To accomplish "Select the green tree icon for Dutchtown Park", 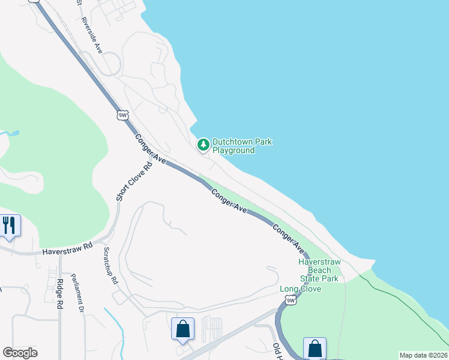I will [x=203, y=145].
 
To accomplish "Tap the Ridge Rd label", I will [x=59, y=294].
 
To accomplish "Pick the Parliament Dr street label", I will [x=76, y=294].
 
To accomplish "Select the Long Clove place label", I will [x=301, y=289].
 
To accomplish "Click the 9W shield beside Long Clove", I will [x=291, y=300].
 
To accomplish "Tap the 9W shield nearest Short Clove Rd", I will [x=122, y=115].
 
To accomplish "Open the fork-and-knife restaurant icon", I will [x=9, y=225].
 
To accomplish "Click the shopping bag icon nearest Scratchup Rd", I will [x=182, y=329].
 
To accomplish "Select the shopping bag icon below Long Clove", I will [x=315, y=348].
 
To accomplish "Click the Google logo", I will [x=20, y=353].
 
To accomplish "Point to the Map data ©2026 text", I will [x=423, y=355].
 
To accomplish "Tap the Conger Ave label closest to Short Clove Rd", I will [x=150, y=149].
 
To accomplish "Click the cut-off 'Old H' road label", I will [x=278, y=350].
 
